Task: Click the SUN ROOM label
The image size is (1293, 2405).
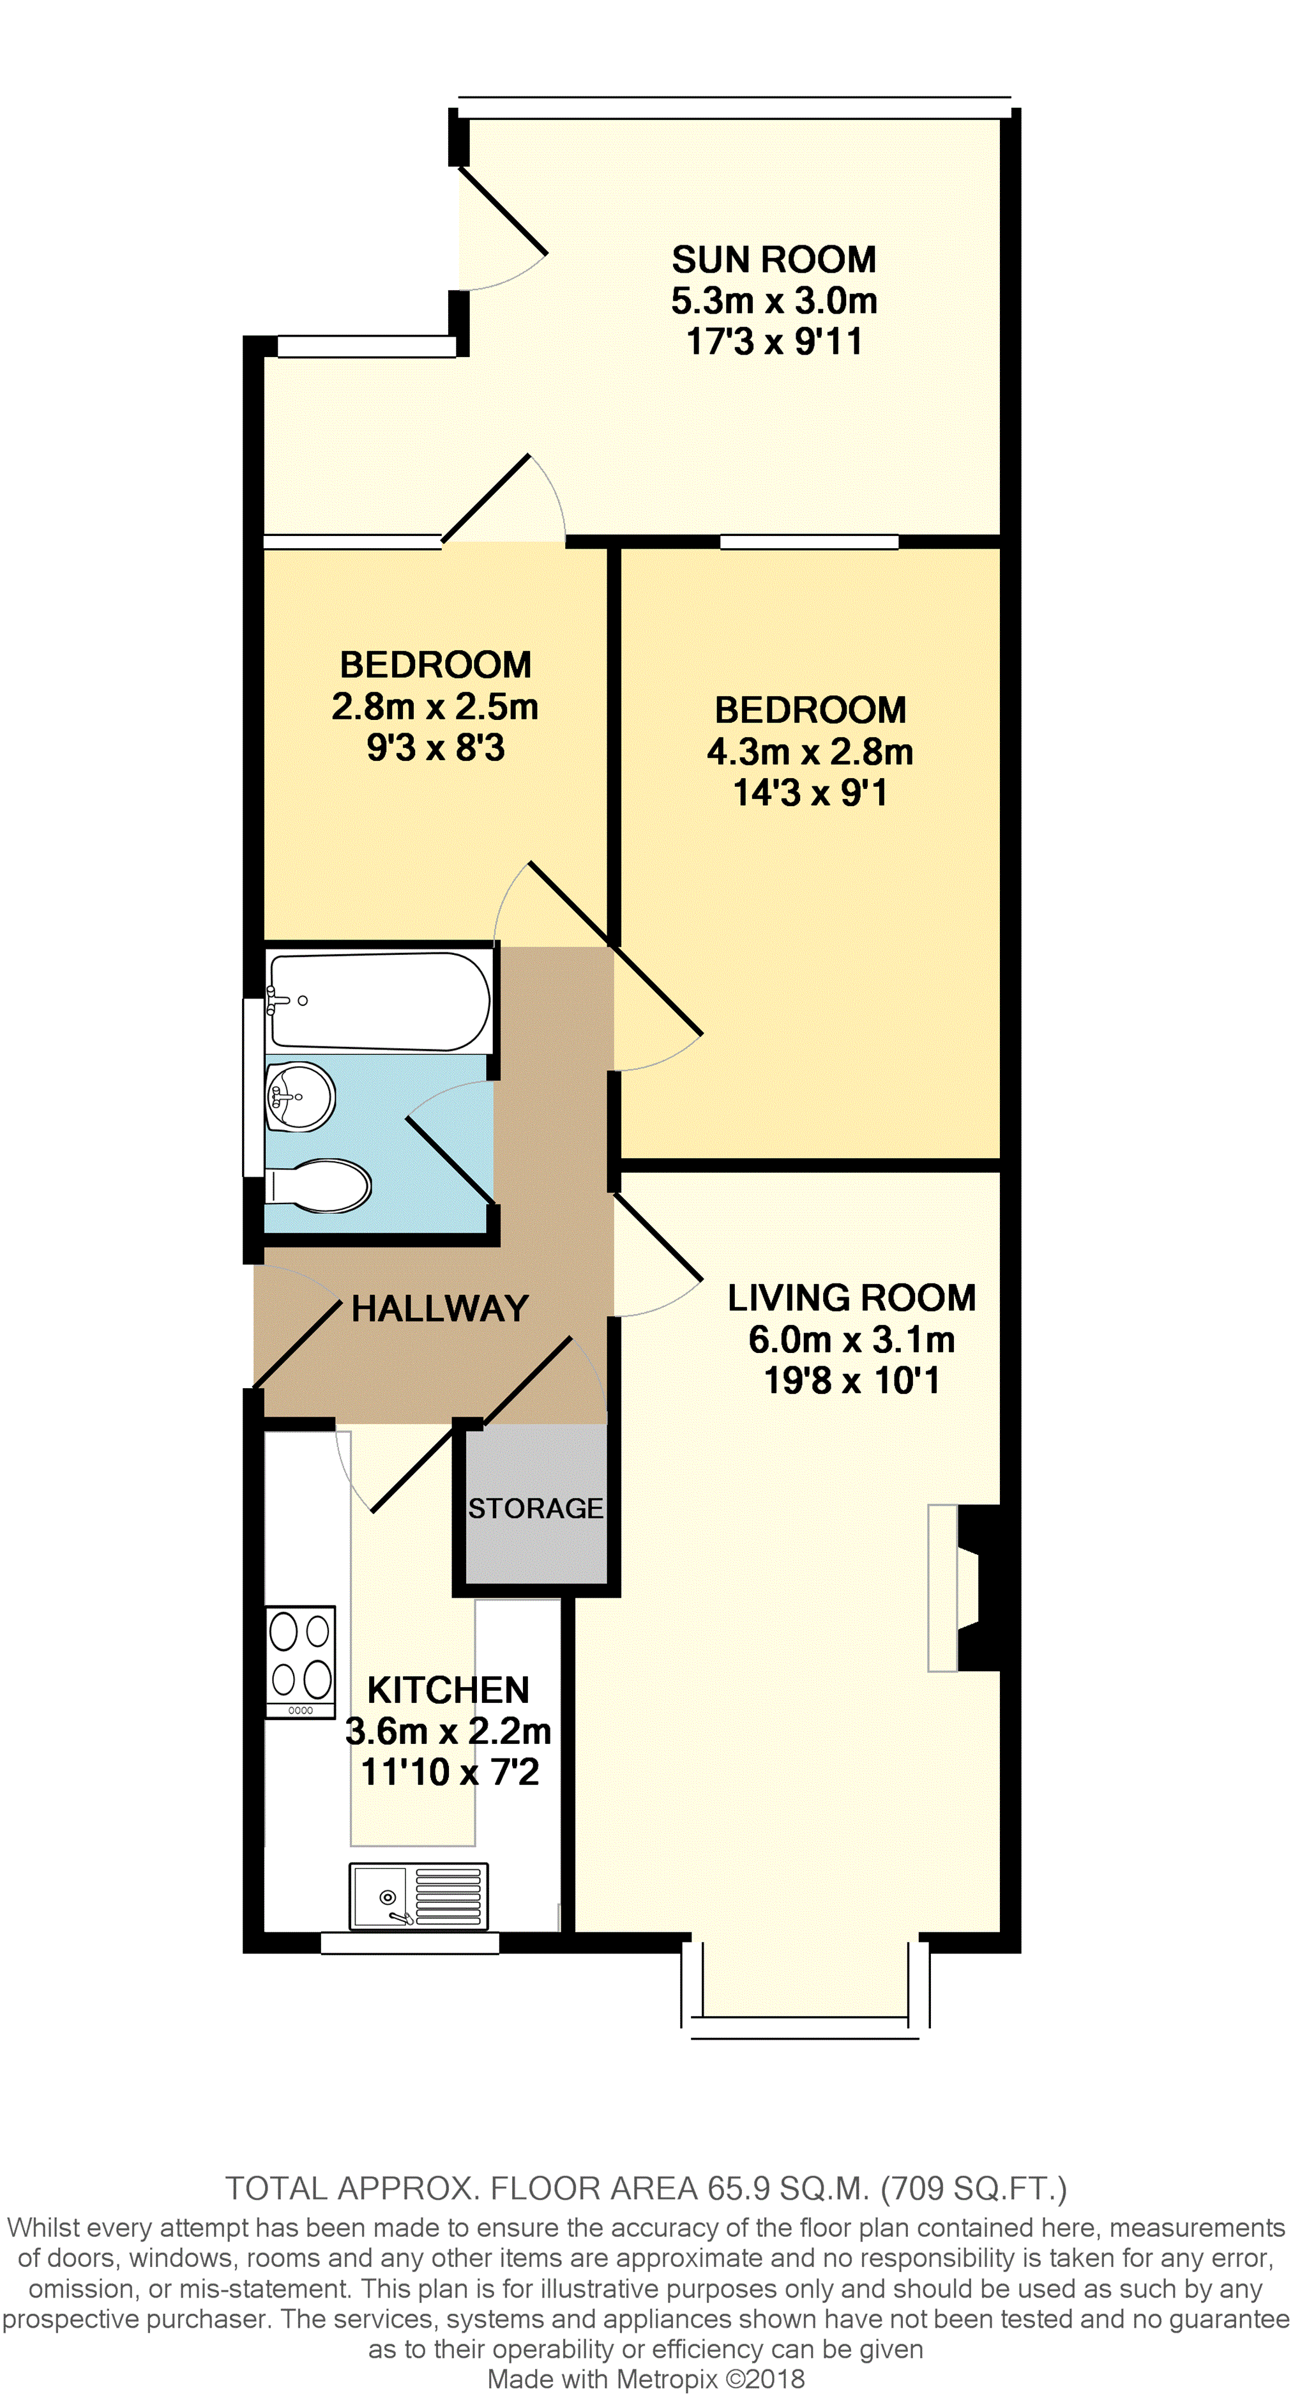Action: [x=774, y=259]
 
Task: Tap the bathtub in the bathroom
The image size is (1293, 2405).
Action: [x=378, y=1001]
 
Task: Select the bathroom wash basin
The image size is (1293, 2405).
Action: [x=299, y=1097]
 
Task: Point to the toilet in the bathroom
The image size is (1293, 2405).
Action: [x=319, y=1186]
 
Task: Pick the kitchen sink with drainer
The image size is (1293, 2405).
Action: [x=419, y=1896]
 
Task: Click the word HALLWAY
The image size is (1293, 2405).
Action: [x=440, y=1308]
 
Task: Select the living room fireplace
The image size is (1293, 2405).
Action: [x=964, y=1587]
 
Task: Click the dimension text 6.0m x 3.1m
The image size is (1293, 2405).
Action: [x=851, y=1340]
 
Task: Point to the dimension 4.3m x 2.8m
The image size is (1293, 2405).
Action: [x=810, y=752]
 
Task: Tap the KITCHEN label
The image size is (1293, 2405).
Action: [x=448, y=1690]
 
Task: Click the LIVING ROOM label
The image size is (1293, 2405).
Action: [x=851, y=1298]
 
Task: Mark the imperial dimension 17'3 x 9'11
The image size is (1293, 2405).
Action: [x=774, y=342]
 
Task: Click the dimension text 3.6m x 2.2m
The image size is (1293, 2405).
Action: [x=448, y=1731]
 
